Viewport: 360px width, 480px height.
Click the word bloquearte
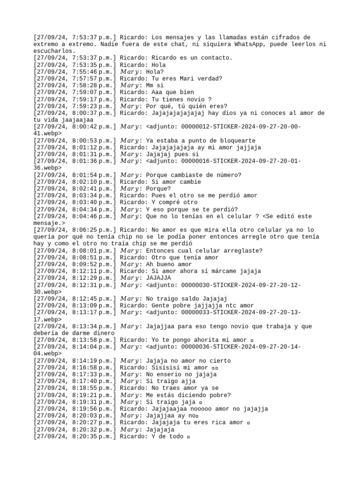pos(234,141)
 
